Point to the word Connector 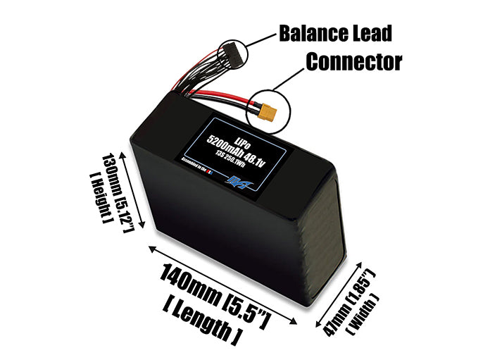pyautogui.click(x=353, y=61)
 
